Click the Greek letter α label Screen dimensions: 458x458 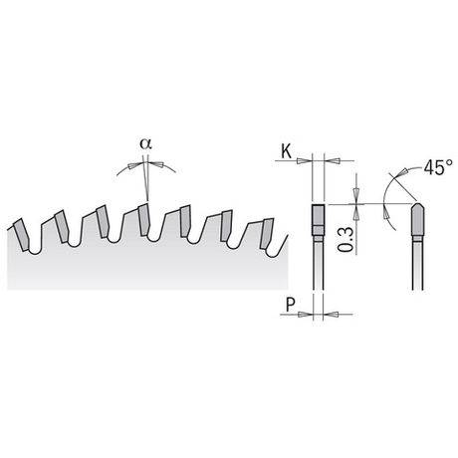[x=145, y=144]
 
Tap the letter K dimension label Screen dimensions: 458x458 [x=286, y=152]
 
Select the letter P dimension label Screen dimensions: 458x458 [x=291, y=305]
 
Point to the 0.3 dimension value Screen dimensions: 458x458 [x=345, y=239]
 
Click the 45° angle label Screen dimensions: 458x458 [x=438, y=167]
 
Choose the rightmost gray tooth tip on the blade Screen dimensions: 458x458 [x=267, y=233]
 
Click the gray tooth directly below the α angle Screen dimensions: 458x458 [x=144, y=219]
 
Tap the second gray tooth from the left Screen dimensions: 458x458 [x=62, y=226]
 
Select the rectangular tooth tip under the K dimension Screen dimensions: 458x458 [x=318, y=220]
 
